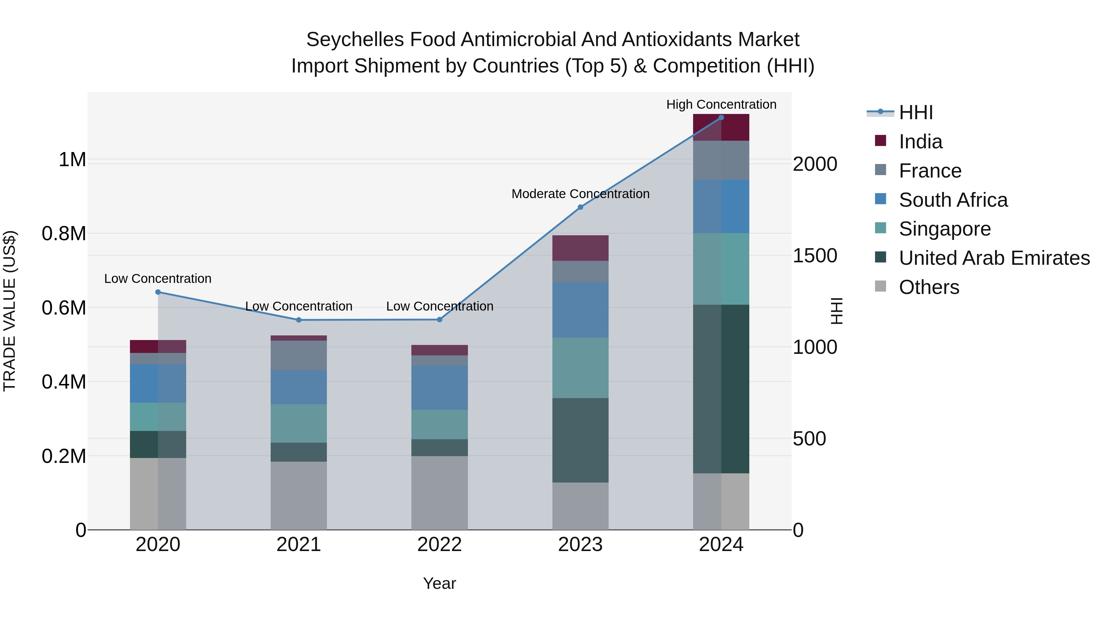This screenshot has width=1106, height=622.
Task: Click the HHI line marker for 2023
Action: point(580,207)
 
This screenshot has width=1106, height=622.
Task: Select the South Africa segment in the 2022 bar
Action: point(439,387)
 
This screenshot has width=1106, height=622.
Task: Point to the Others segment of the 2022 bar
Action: point(439,492)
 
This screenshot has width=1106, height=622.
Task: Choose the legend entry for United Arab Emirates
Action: point(994,258)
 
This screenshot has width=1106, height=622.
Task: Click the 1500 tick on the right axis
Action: point(814,256)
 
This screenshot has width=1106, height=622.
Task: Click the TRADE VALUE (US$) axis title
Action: point(10,311)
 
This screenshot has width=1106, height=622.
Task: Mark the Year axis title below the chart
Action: point(439,583)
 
